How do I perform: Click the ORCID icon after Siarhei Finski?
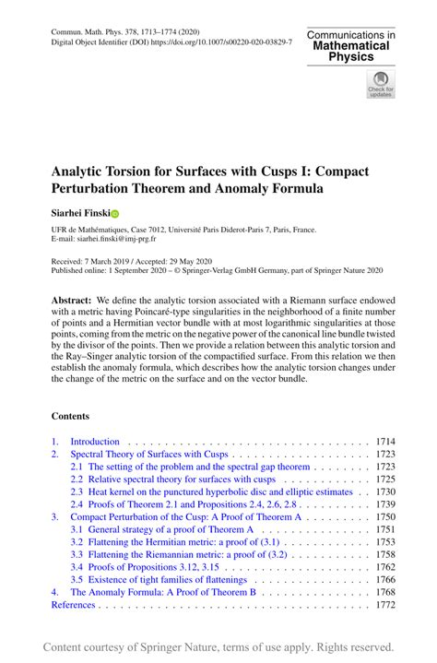click(x=115, y=213)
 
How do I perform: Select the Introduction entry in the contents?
click(x=95, y=442)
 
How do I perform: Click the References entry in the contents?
click(x=73, y=605)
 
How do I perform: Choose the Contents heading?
click(x=70, y=416)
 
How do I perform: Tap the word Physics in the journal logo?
click(x=351, y=57)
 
